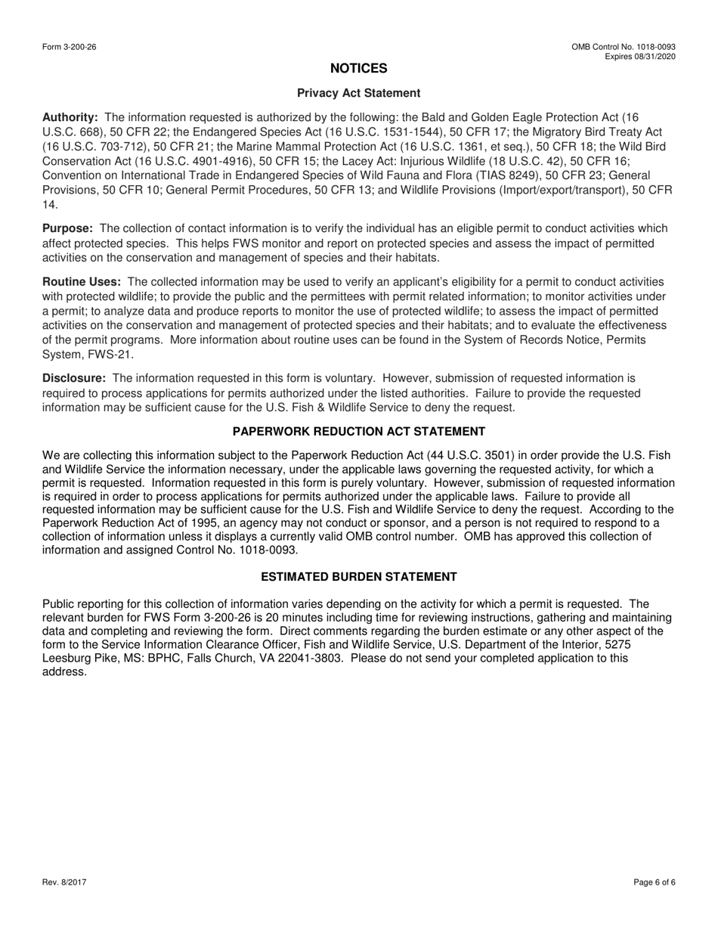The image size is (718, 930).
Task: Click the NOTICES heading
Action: pos(358,69)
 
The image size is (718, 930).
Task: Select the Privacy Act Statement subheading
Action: pos(358,93)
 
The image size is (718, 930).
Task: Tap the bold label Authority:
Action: pos(70,117)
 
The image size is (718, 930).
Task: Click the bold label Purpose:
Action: pos(68,228)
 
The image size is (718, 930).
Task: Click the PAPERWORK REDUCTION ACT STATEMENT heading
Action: pos(358,432)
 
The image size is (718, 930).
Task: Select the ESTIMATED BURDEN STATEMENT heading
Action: pos(358,577)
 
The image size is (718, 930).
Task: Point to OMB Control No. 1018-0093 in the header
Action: pos(624,47)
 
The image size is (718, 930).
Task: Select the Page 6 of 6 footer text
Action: pos(655,882)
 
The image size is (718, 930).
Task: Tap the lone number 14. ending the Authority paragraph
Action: pos(50,205)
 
